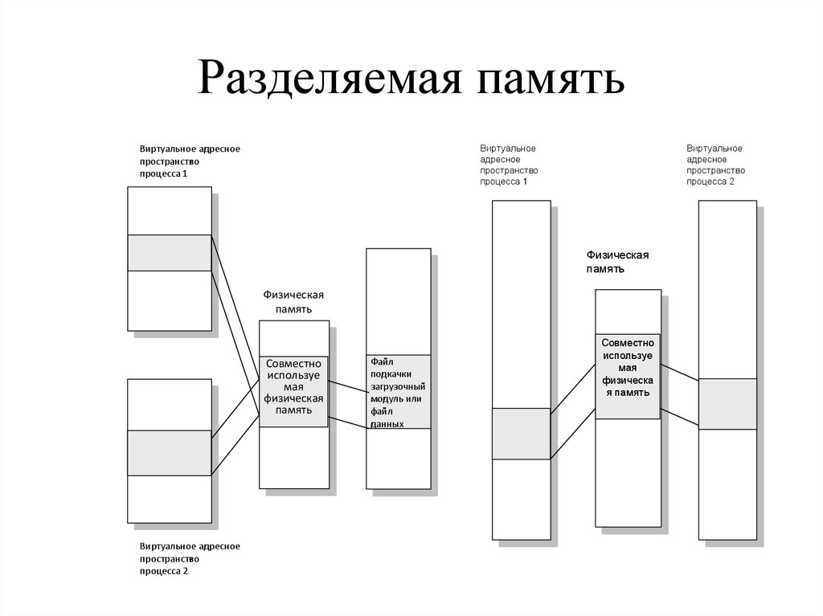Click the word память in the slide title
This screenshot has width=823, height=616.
coord(550,80)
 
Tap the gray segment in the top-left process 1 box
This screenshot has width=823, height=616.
coord(170,253)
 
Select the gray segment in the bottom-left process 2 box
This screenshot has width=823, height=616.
coord(170,453)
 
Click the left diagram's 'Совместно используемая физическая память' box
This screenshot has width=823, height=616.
coord(294,391)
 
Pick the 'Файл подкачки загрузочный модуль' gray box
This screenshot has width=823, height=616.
coord(398,391)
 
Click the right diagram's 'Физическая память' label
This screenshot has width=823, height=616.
coord(616,262)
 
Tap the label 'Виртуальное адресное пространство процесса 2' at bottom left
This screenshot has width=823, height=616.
coord(190,558)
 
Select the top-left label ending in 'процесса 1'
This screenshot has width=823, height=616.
coord(190,161)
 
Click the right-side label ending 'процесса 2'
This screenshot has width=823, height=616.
coord(715,165)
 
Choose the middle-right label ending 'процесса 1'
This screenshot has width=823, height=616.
coord(510,165)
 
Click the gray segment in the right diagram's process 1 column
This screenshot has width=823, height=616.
coord(521,434)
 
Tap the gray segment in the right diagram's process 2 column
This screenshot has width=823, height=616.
coord(727,404)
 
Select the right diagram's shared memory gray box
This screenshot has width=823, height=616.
coord(628,376)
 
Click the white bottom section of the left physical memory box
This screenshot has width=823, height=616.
coord(294,457)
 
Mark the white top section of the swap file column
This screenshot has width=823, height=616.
coord(398,301)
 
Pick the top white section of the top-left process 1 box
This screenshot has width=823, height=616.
coord(170,210)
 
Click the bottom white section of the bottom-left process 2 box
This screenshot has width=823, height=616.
coord(170,499)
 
